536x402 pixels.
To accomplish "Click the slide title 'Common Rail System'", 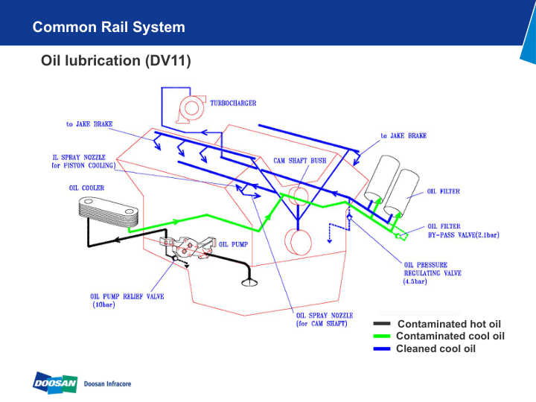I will (x=109, y=28).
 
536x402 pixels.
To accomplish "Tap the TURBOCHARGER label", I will (x=233, y=103).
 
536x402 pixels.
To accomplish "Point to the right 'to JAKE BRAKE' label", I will (x=403, y=135).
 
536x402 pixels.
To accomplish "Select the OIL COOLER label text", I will (x=86, y=188).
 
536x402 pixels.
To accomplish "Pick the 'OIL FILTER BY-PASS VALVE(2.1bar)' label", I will (x=462, y=230).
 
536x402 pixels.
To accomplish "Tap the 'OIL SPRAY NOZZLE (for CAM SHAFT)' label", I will (x=324, y=319).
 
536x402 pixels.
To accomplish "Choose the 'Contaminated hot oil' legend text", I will (x=449, y=324).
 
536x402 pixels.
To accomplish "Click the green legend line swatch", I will (x=381, y=336).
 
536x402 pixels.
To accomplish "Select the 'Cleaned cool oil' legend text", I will (x=435, y=348).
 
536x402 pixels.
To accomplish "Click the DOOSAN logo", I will (x=54, y=383).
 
